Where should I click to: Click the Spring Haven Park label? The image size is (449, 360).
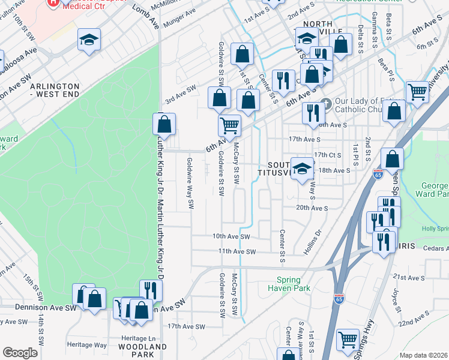click(x=293, y=284)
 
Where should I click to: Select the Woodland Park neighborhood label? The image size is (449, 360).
click(x=142, y=350)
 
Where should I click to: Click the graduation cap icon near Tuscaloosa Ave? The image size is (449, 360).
click(x=89, y=40)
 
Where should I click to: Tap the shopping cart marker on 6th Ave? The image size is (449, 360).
click(x=229, y=126)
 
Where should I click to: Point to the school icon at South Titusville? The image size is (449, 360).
click(x=302, y=167)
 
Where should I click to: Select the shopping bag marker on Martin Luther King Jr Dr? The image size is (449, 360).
click(x=164, y=124)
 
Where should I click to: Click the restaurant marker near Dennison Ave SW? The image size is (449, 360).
click(x=151, y=291)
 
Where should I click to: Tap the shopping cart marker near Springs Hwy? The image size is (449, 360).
click(x=348, y=340)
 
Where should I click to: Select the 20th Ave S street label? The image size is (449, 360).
click(x=312, y=208)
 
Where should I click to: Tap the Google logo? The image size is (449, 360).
click(x=20, y=352)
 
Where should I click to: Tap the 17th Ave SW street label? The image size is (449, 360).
click(x=186, y=327)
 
